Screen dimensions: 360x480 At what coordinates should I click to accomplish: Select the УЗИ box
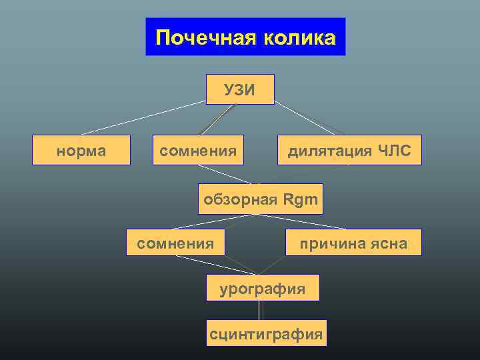pos(240,89)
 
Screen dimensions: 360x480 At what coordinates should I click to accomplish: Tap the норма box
pos(81,151)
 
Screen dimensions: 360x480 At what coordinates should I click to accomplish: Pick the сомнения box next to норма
pos(198,151)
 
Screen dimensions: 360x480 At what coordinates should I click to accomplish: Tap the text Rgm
pos(300,199)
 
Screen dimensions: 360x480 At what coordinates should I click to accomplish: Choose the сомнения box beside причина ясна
pos(175,242)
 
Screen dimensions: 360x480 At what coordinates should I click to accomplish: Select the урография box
pos(263,288)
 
